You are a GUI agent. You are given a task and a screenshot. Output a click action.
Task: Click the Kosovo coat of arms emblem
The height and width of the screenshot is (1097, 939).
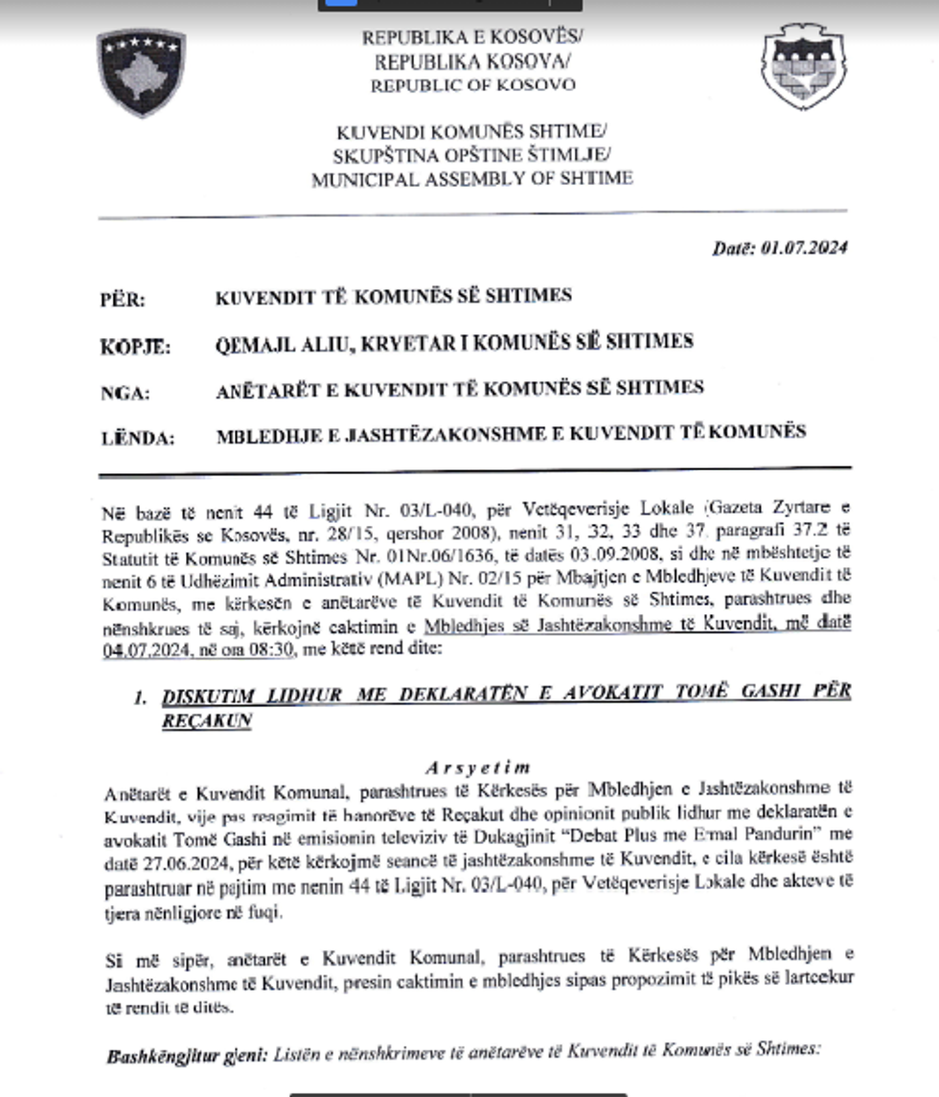coord(141,72)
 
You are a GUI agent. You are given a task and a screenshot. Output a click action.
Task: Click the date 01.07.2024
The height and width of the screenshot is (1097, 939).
coord(805,248)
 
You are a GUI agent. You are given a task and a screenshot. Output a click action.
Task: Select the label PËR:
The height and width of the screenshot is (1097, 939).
coord(123,300)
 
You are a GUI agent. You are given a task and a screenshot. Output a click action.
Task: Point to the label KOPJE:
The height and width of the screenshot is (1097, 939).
coord(135,347)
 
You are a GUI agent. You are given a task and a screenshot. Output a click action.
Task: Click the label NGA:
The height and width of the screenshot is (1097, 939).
coord(125,392)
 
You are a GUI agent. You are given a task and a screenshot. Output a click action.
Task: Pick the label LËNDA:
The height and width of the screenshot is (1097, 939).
coord(138,439)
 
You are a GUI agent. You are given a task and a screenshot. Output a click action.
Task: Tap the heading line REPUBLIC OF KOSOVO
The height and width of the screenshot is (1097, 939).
coord(473,84)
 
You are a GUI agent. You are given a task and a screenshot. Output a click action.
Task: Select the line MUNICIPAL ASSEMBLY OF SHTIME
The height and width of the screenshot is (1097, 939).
coord(471,178)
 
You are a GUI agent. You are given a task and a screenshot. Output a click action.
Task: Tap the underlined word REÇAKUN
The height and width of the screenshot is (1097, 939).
coord(206,720)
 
